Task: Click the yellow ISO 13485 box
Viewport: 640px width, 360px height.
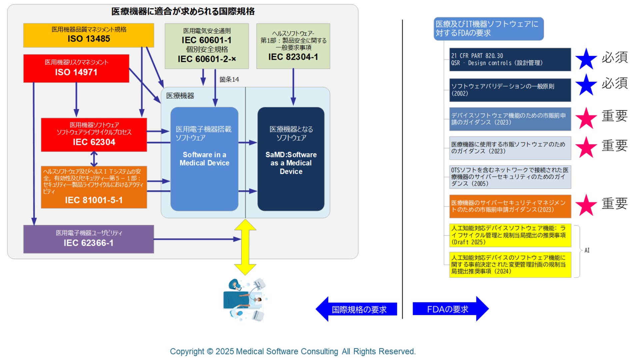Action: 88,35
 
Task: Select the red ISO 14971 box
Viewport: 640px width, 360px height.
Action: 76,68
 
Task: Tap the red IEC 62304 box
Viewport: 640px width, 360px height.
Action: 94,135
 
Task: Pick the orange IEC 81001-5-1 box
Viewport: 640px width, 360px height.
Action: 94,187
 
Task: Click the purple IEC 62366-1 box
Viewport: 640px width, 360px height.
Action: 88,239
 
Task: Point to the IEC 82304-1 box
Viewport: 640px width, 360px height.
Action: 293,46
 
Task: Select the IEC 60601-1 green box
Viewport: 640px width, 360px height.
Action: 207,46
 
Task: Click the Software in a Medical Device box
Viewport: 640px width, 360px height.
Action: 204,159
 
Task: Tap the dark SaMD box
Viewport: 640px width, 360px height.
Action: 291,159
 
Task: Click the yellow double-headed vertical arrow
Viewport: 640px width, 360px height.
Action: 245,247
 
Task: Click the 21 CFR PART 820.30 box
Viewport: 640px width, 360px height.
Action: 510,59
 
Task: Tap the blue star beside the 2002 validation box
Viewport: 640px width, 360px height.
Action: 586,85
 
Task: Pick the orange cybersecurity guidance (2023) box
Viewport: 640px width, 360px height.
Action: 510,206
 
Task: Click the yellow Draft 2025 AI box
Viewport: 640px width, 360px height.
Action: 510,235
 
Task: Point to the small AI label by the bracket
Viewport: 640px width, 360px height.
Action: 587,250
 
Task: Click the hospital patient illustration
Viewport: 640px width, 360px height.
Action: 245,300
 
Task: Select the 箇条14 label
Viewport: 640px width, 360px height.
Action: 229,79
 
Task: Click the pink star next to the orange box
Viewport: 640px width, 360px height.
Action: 586,205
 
